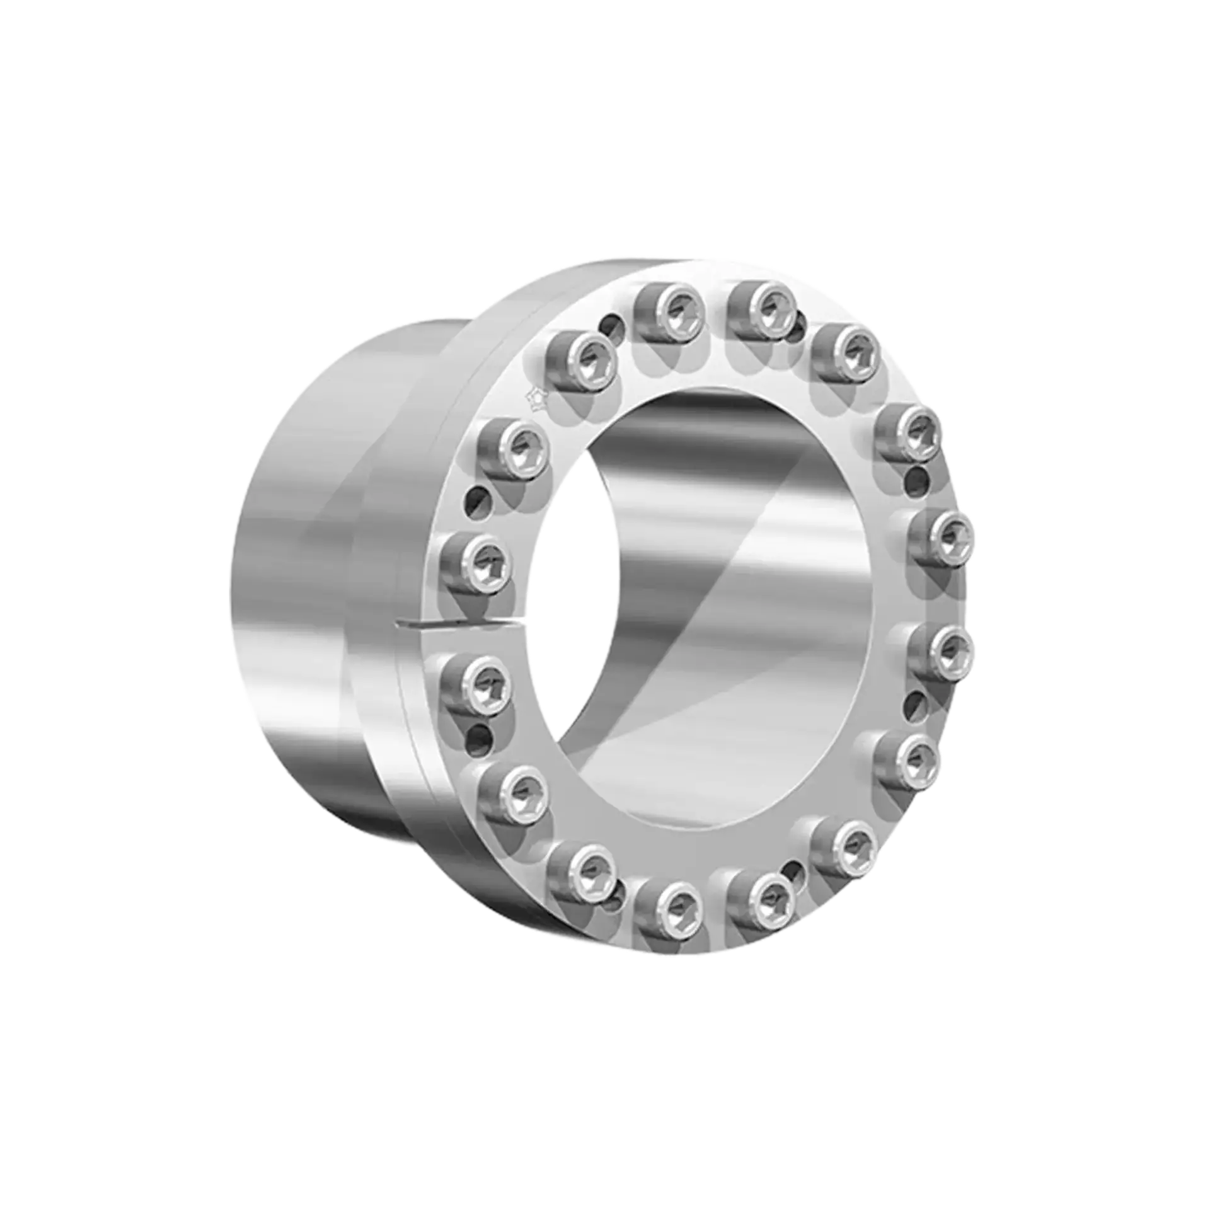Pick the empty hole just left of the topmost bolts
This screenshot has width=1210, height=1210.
(610, 328)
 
